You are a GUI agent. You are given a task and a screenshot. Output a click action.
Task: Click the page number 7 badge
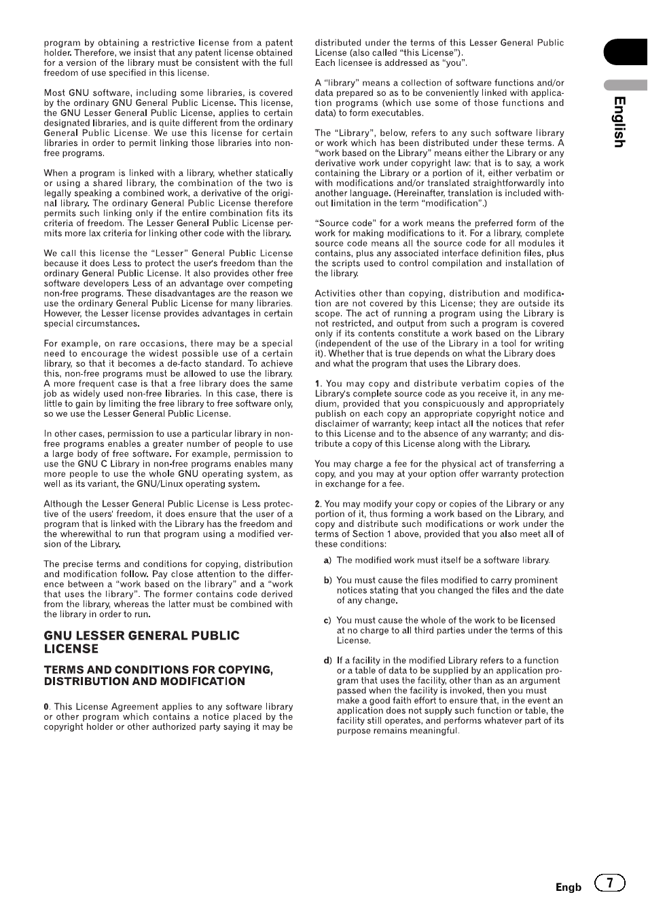tap(610, 883)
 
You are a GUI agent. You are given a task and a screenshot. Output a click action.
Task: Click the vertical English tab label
tap(619, 122)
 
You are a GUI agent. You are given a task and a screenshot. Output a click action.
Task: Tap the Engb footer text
tap(569, 887)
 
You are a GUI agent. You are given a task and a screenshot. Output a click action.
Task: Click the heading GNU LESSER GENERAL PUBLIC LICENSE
tap(141, 642)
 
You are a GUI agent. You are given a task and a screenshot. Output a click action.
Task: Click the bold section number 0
tap(46, 707)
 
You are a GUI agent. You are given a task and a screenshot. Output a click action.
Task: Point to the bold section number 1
tap(317, 384)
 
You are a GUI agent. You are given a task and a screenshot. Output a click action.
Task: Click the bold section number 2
tap(317, 504)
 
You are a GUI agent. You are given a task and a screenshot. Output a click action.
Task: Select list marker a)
tap(327, 560)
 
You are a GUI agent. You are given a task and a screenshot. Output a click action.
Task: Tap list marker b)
tap(327, 581)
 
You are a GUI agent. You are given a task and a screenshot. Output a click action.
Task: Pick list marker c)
tap(327, 621)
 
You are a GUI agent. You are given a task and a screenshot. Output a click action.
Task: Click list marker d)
tap(327, 661)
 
